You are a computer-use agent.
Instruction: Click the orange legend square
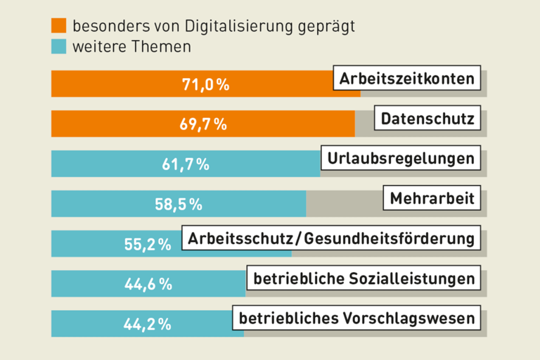[x=59, y=26]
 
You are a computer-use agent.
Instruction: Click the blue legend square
[x=59, y=47]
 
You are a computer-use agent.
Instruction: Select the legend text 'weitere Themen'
[x=131, y=47]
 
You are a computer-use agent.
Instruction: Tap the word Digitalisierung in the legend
[x=239, y=27]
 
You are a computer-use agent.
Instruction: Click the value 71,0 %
[x=206, y=85]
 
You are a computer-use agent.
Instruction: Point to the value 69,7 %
[x=203, y=125]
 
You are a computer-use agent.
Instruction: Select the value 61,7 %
[x=186, y=165]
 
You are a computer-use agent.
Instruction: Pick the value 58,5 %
[x=179, y=205]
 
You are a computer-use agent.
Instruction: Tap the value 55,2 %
[x=148, y=245]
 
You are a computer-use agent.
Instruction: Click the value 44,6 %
[x=148, y=284]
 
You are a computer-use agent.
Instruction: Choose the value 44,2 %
[x=148, y=324]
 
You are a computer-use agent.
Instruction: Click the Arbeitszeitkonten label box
[x=407, y=79]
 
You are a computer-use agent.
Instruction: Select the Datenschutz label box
[x=427, y=119]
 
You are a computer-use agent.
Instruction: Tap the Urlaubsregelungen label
[x=401, y=158]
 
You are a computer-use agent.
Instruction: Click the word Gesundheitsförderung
[x=391, y=239]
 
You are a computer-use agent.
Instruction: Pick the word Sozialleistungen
[x=412, y=278]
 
